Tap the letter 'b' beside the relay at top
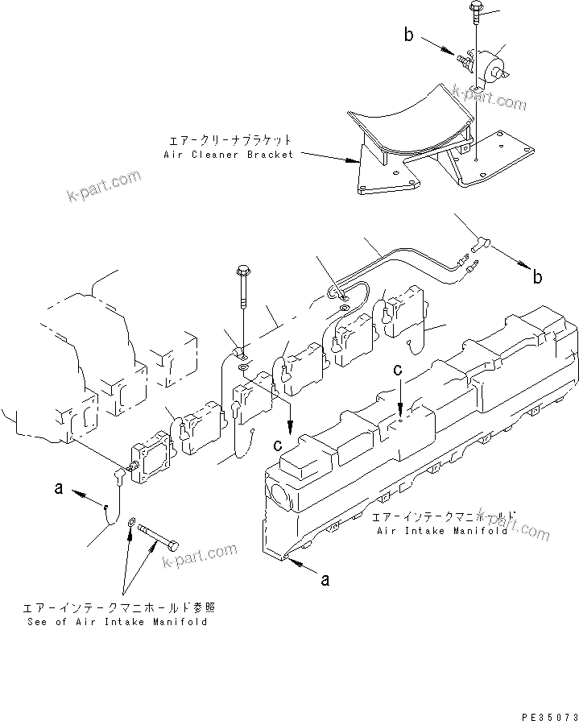tap(409, 35)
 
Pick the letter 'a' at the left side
tap(57, 489)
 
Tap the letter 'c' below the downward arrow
tap(277, 444)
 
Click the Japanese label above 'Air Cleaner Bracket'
tap(229, 139)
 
